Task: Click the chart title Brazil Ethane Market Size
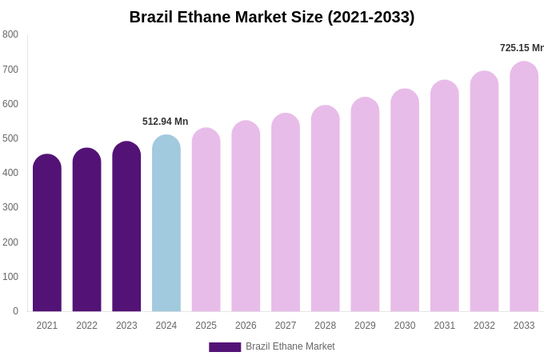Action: (x=272, y=17)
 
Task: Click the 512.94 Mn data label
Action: (x=166, y=122)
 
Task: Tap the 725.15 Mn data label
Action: (x=522, y=48)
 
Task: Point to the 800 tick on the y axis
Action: (x=10, y=34)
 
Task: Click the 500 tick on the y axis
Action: (x=10, y=138)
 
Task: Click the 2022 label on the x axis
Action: (x=87, y=326)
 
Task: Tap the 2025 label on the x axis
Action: (x=206, y=326)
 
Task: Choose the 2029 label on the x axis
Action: (x=365, y=326)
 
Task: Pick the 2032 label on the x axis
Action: (x=484, y=326)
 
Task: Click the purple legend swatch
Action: (x=225, y=347)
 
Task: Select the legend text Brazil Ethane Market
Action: (x=290, y=346)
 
